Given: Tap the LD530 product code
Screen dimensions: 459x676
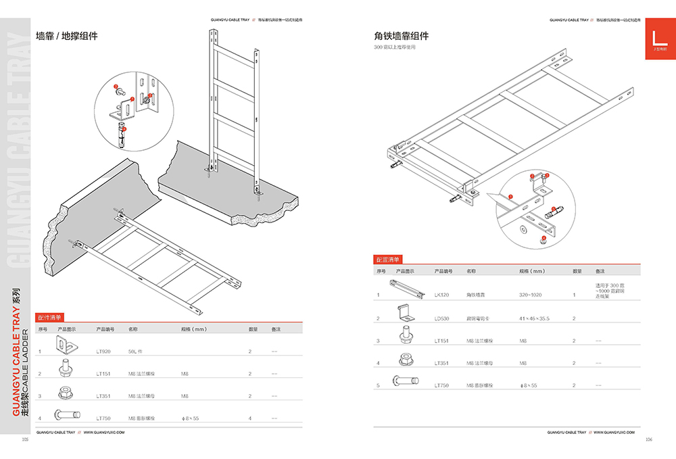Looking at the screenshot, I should [441, 318].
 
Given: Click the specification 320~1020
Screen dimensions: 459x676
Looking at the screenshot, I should [531, 295].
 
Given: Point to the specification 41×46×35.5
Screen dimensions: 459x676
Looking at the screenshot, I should [534, 318].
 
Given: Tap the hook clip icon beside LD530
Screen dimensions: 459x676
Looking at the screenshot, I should [406, 314].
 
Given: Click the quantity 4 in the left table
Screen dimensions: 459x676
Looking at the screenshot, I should [249, 418].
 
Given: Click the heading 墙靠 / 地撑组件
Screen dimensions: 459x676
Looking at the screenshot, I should [66, 36].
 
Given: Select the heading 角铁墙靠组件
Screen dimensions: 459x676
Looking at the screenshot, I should [402, 36].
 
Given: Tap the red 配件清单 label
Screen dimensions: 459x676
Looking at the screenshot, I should [49, 316].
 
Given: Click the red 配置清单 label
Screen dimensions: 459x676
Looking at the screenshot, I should [387, 259].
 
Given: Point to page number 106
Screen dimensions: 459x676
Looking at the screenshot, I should [648, 439].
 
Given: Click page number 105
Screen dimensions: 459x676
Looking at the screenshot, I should [25, 439].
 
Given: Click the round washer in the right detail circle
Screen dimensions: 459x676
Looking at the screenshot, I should [521, 229].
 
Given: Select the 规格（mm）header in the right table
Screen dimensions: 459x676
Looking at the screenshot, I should [532, 271].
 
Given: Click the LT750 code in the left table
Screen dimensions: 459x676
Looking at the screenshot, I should [103, 418].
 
